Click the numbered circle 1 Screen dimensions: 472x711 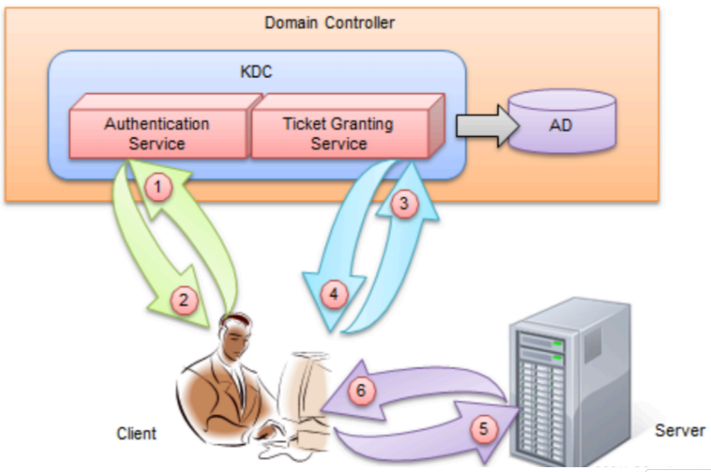160,186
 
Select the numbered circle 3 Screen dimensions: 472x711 405,202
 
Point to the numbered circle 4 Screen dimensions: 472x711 334,295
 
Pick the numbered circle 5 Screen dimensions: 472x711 483,429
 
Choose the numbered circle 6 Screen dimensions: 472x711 362,391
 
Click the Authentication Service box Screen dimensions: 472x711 157,134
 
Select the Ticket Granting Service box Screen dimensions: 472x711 338,134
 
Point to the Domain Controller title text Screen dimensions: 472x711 330,23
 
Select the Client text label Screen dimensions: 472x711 136,433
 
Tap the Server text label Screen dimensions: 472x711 679,430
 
